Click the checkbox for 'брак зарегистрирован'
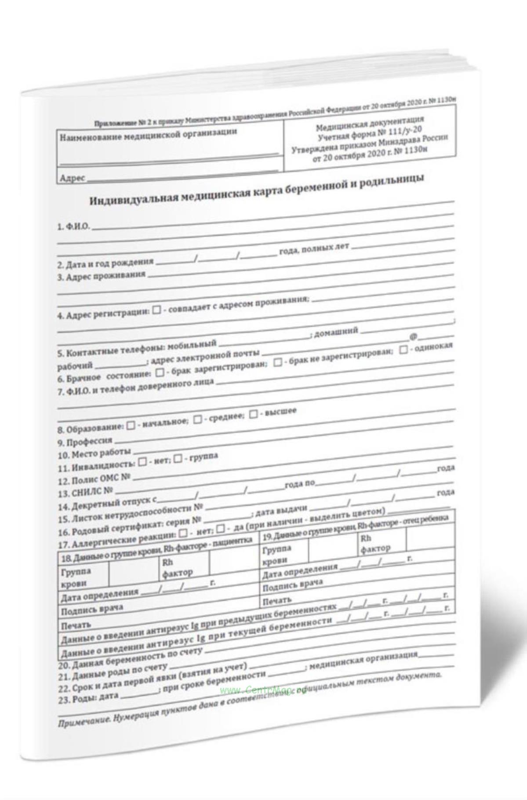pos(160,372)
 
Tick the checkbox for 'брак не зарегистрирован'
pos(278,362)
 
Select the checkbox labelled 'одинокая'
pos(403,351)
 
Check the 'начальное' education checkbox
pos(131,426)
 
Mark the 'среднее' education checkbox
pos(198,419)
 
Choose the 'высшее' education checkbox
pos(253,414)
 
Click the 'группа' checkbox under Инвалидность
pos(178,459)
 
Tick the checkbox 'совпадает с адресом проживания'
pos(156,311)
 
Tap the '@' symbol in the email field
pos(413,336)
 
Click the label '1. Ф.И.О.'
pos(73,226)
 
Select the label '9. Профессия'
pos(85,441)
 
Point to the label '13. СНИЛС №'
pos(87,492)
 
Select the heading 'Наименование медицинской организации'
pos(148,135)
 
